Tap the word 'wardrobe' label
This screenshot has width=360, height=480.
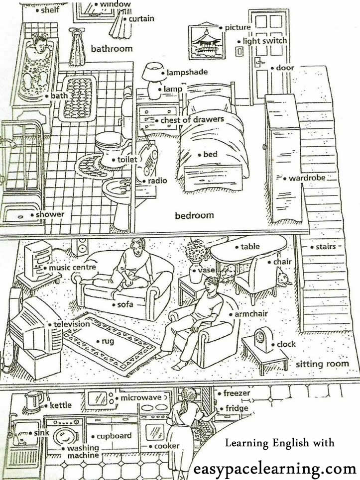pos(307,178)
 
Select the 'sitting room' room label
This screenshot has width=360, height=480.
pos(322,364)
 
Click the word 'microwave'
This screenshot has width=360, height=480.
pos(141,397)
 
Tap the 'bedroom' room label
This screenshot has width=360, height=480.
pos(194,215)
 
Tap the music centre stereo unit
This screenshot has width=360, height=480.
pos(38,261)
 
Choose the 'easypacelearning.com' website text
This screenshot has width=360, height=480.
pos(275,468)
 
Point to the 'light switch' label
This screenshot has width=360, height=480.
pos(265,41)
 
